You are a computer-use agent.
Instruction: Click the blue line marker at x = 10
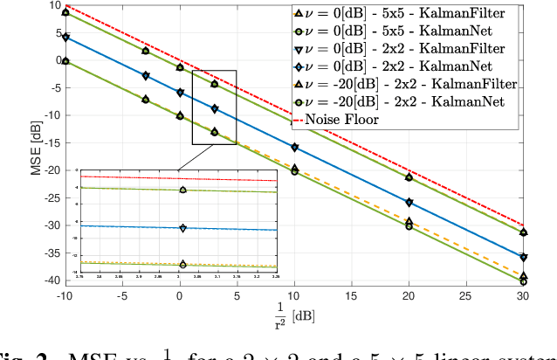tap(295, 148)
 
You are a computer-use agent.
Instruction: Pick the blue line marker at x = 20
tap(409, 203)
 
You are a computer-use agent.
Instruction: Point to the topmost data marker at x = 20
tap(409, 177)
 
